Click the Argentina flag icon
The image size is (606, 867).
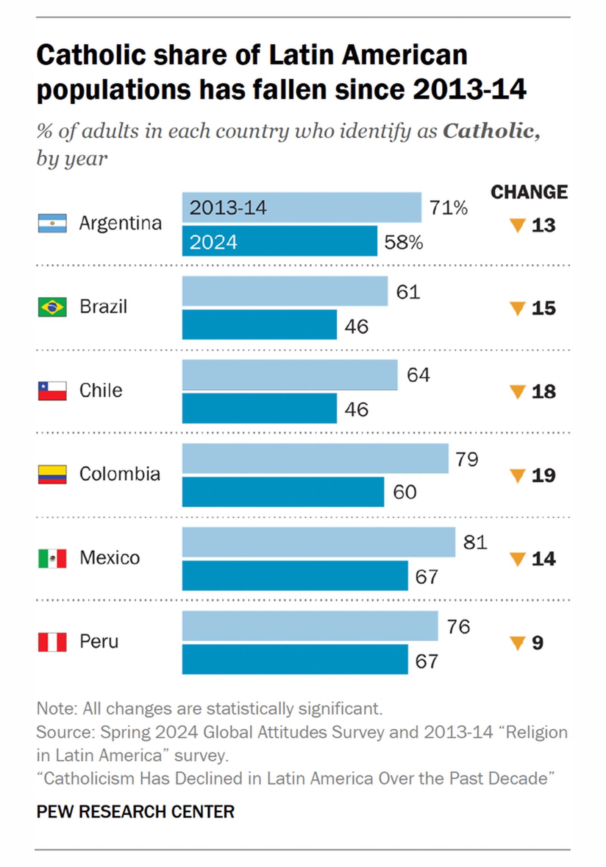(x=52, y=223)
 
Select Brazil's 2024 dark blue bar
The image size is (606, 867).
(x=259, y=325)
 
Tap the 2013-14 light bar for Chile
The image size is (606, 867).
(x=290, y=375)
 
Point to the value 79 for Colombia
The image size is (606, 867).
(x=467, y=459)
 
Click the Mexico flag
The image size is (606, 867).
(x=52, y=558)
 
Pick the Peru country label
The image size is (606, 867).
(x=99, y=642)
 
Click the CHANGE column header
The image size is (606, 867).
(x=529, y=192)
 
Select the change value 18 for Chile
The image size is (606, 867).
(x=544, y=392)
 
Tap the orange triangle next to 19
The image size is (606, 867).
(x=517, y=475)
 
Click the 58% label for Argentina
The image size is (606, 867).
(x=403, y=242)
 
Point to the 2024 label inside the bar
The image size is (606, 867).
(x=213, y=242)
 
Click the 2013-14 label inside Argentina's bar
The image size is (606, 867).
(x=228, y=208)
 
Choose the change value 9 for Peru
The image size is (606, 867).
(x=537, y=643)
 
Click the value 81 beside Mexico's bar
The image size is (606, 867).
(x=475, y=542)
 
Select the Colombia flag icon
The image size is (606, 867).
(x=52, y=474)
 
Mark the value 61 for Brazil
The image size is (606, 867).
(x=408, y=292)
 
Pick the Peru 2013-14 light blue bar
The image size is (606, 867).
(x=310, y=626)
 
